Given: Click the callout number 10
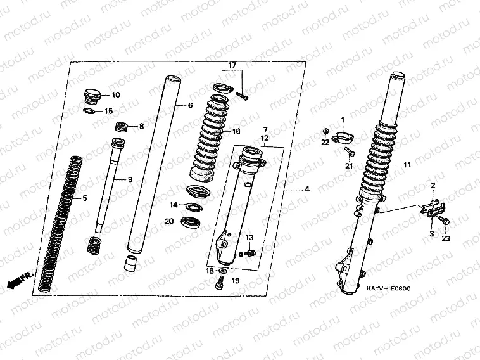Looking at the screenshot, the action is [x=116, y=95].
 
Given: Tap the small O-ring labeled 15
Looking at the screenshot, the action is [x=89, y=111].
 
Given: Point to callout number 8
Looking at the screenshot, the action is [x=141, y=126].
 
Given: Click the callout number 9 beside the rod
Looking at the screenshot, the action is [x=130, y=179].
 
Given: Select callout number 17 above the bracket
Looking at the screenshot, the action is [x=232, y=65].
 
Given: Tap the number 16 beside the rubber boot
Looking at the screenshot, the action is [x=236, y=132].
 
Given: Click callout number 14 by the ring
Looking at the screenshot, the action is [x=174, y=205].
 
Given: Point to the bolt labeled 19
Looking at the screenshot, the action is [x=220, y=282].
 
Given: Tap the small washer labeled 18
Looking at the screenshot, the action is [x=222, y=271].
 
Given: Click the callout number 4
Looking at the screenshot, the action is [x=307, y=189].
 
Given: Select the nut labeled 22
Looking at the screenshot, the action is [x=325, y=132].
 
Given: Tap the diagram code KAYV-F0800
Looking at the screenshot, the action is [x=389, y=288].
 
